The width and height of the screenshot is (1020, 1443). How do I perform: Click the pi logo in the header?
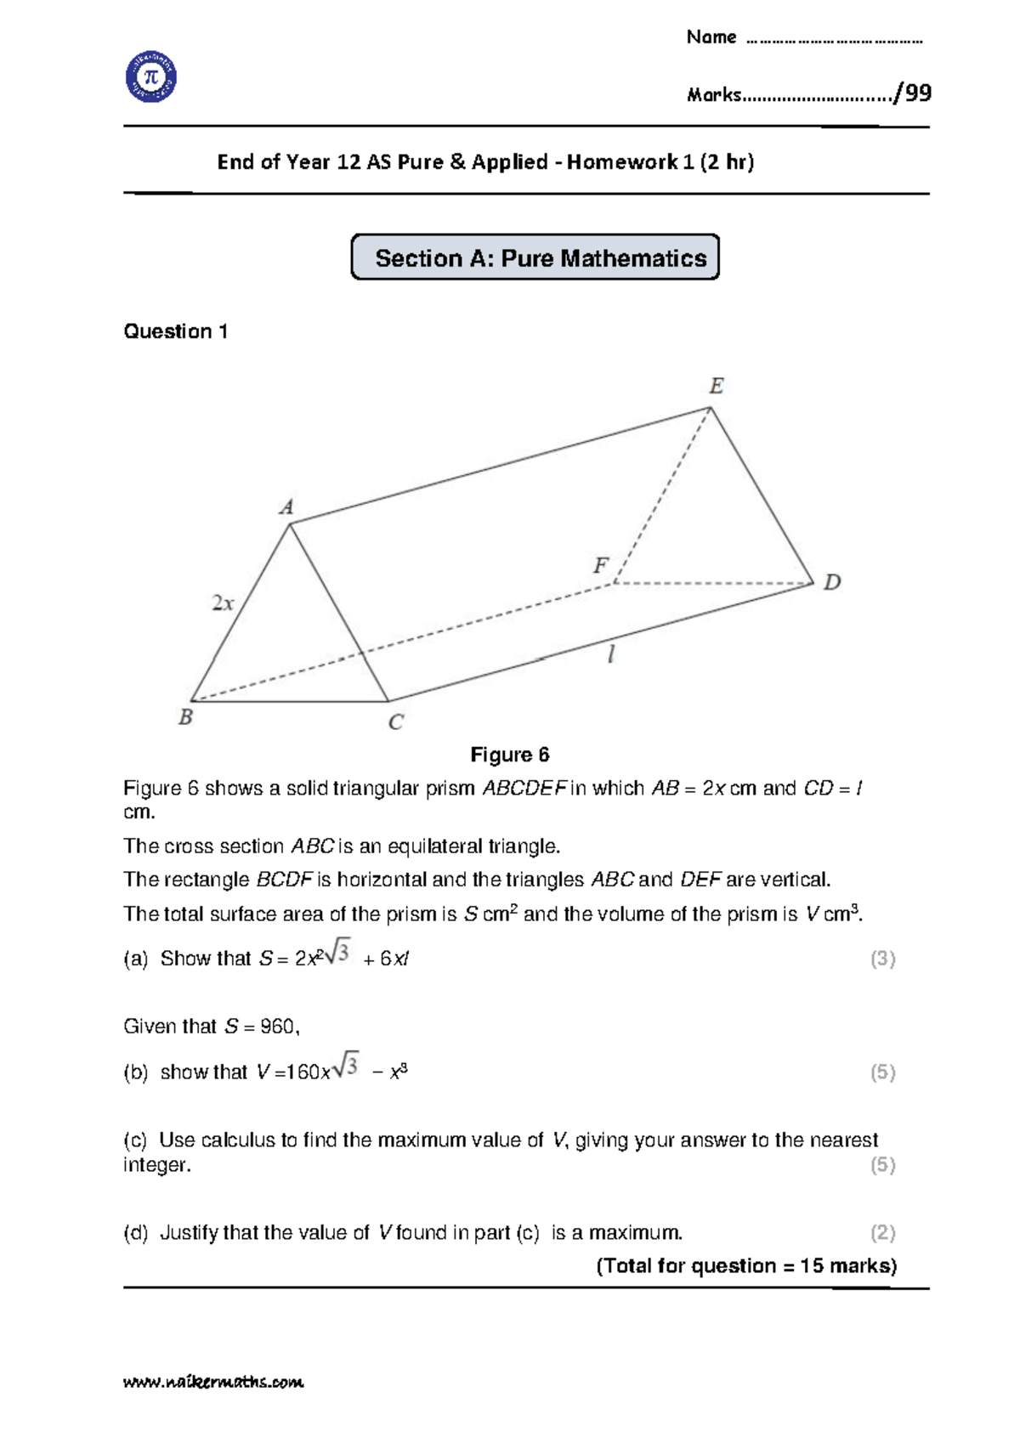point(151,76)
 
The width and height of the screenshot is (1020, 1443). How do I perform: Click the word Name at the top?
point(711,37)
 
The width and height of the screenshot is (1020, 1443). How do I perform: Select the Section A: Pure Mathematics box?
point(535,257)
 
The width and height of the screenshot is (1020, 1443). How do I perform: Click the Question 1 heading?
point(176,331)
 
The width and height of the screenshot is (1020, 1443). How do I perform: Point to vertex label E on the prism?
point(717,387)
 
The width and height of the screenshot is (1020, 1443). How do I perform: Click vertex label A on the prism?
point(286,507)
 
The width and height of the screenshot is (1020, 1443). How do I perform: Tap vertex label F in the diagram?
point(601,565)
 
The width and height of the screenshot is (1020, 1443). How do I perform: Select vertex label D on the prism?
point(832,582)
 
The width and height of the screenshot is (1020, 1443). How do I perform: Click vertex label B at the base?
point(185,717)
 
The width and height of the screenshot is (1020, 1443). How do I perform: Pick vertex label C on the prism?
point(395,722)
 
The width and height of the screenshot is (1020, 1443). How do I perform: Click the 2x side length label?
point(222,603)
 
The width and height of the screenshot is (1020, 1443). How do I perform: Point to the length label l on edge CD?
point(610,654)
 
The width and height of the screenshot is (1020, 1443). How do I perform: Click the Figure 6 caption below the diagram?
point(510,755)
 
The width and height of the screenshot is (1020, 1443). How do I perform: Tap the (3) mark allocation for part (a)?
point(882,959)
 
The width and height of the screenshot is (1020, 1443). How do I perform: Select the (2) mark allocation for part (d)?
point(882,1232)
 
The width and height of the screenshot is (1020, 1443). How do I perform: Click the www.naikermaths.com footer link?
point(213,1382)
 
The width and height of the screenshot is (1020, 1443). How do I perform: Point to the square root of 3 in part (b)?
point(347,1066)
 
